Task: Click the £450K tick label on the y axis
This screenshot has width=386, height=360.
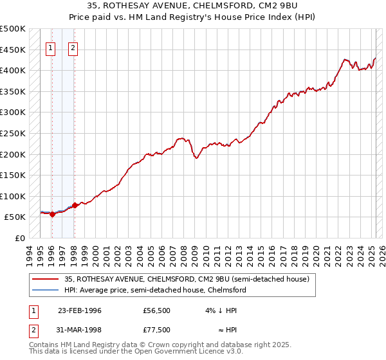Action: (x=13, y=50)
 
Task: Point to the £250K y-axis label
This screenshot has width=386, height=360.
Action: (x=13, y=133)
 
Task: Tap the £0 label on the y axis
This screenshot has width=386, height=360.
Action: (x=20, y=238)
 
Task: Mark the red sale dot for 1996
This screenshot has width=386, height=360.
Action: (x=52, y=214)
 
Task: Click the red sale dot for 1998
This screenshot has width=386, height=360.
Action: (x=75, y=206)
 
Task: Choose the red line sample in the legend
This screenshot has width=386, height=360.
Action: (x=46, y=279)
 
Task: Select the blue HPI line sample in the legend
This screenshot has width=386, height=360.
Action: (x=46, y=290)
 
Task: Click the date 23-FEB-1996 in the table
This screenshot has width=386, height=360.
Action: (x=80, y=310)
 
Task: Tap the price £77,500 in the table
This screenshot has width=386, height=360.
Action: (x=157, y=330)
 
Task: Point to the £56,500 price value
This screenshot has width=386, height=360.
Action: (x=157, y=310)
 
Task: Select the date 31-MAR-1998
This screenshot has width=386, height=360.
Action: (x=80, y=330)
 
